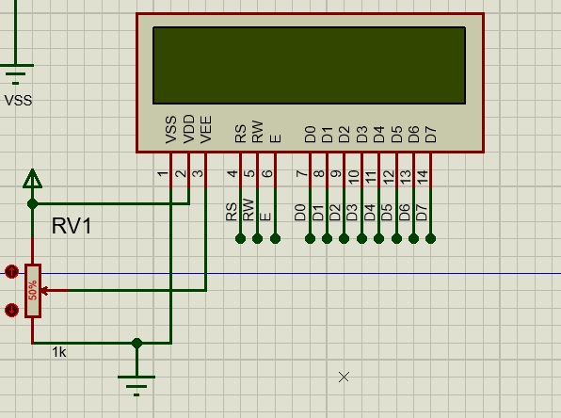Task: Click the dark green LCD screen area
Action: tap(309, 65)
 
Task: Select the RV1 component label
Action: tap(72, 226)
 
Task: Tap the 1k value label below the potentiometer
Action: tap(59, 351)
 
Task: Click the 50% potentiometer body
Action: tap(33, 290)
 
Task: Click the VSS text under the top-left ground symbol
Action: tap(18, 100)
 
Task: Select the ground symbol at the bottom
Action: tap(136, 380)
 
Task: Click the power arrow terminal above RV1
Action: tap(33, 178)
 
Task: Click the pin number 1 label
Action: tap(163, 173)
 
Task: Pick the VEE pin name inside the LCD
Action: tap(206, 129)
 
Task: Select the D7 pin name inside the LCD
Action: tap(431, 134)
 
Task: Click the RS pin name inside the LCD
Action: tap(241, 134)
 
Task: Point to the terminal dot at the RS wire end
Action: tap(241, 239)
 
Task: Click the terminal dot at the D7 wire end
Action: tap(431, 239)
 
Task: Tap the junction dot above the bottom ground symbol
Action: tap(136, 343)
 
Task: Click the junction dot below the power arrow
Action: tap(33, 203)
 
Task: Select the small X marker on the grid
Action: tap(344, 377)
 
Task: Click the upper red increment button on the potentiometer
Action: tap(11, 272)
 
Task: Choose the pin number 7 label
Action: tap(301, 173)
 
